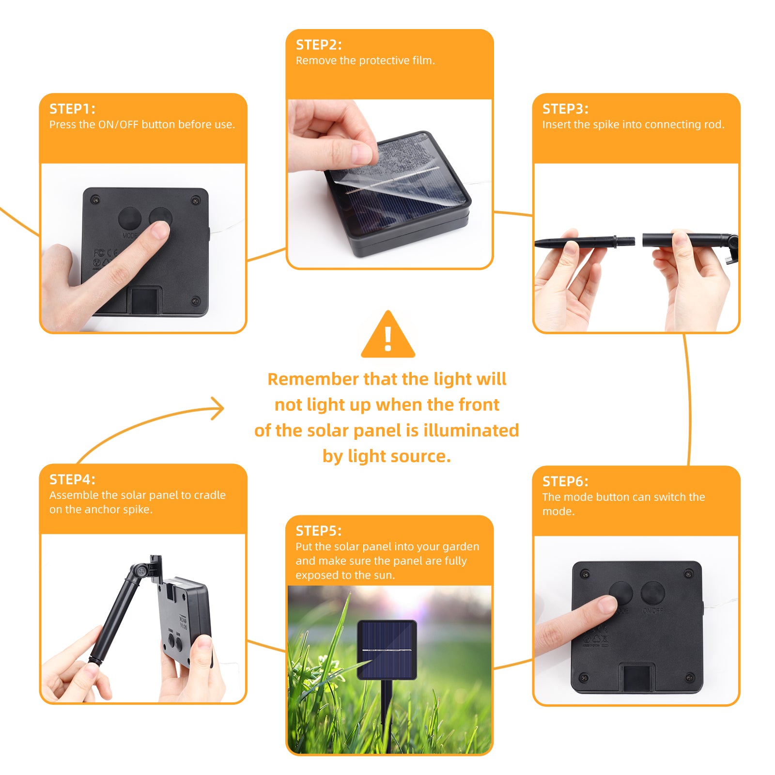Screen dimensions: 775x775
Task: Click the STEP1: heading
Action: click(x=72, y=108)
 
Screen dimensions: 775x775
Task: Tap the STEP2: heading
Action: click(x=319, y=45)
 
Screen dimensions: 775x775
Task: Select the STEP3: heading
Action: click(x=565, y=108)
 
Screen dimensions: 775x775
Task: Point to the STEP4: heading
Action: click(x=72, y=479)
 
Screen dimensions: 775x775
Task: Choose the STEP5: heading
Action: click(x=319, y=531)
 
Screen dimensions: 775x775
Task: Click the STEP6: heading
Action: click(x=565, y=481)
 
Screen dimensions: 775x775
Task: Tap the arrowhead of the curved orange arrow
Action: click(x=218, y=408)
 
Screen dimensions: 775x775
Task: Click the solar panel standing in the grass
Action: click(x=387, y=650)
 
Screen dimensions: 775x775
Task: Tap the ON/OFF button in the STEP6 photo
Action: click(x=652, y=593)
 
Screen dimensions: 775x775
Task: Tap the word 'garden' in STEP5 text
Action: click(x=461, y=547)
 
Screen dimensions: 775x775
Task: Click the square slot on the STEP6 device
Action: click(x=637, y=678)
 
